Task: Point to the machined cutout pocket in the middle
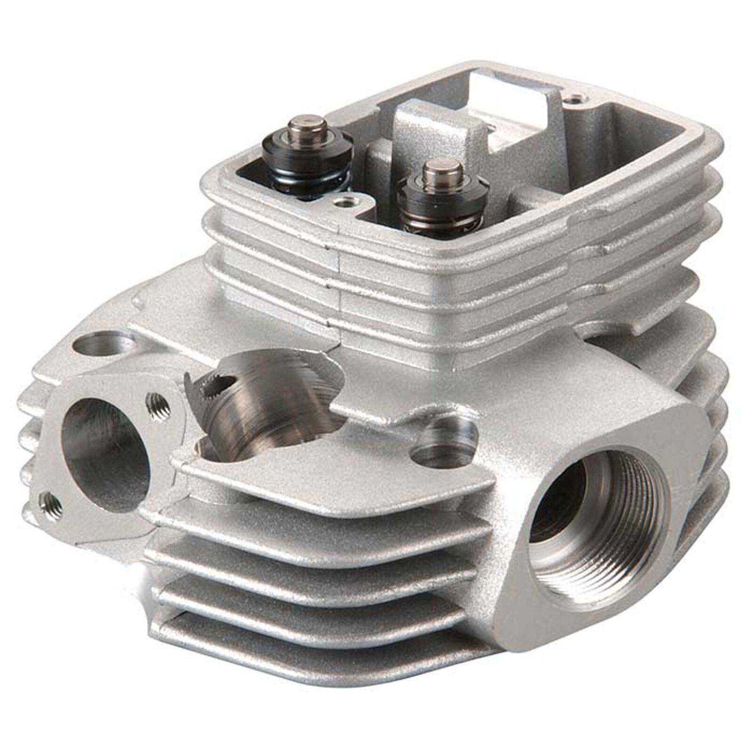click(273, 405)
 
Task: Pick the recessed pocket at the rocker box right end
click(631, 127)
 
